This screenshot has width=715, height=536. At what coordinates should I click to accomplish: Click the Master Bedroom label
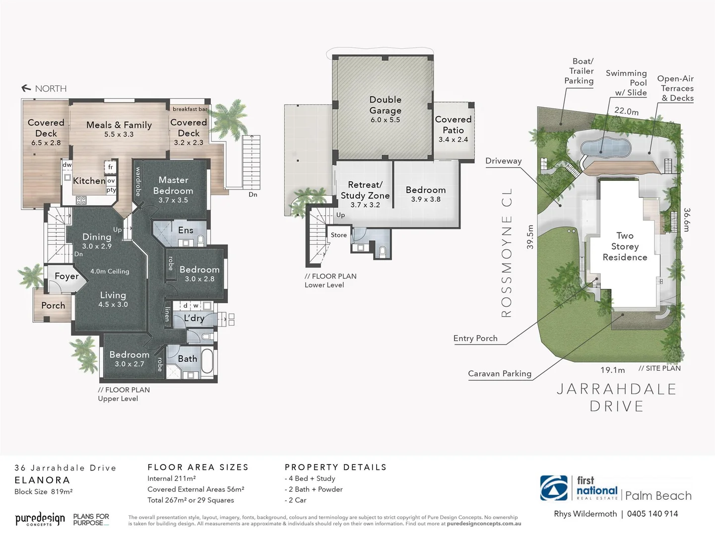pyautogui.click(x=173, y=186)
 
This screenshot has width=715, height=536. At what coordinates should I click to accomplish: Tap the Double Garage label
pyautogui.click(x=385, y=105)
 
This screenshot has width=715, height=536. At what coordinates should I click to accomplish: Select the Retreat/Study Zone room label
pyautogui.click(x=365, y=190)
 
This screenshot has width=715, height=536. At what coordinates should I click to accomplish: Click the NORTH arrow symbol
pyautogui.click(x=26, y=88)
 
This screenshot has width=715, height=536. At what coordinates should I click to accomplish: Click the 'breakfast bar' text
pyautogui.click(x=190, y=109)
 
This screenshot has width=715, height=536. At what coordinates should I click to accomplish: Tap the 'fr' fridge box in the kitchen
pyautogui.click(x=110, y=167)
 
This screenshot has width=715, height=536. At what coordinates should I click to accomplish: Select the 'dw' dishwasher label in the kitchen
pyautogui.click(x=66, y=165)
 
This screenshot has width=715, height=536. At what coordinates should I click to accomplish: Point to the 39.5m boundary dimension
pyautogui.click(x=530, y=237)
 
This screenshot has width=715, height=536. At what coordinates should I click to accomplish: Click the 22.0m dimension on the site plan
pyautogui.click(x=626, y=111)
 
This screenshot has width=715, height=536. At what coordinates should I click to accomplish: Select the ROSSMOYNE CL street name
pyautogui.click(x=506, y=252)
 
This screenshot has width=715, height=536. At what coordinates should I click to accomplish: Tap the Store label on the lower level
pyautogui.click(x=339, y=235)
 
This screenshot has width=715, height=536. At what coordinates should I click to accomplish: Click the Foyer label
pyautogui.click(x=66, y=276)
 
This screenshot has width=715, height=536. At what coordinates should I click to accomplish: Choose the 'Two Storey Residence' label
pyautogui.click(x=625, y=247)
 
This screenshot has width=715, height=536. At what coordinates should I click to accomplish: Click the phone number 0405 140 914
pyautogui.click(x=652, y=514)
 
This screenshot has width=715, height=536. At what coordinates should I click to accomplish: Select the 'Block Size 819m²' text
pyautogui.click(x=44, y=492)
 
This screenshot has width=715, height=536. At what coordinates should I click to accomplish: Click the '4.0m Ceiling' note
pyautogui.click(x=110, y=271)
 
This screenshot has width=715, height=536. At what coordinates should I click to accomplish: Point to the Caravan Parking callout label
pyautogui.click(x=499, y=374)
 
